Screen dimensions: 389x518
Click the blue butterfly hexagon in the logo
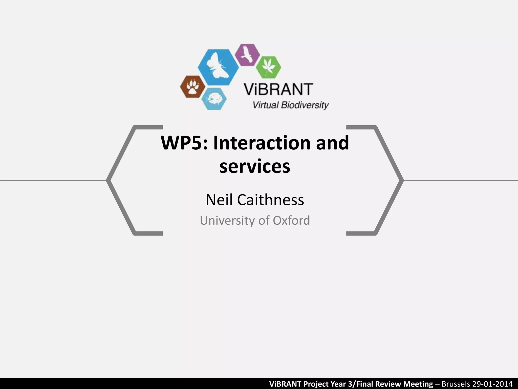click(218, 67)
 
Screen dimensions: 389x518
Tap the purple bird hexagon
click(247, 55)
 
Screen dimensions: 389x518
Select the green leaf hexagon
click(268, 67)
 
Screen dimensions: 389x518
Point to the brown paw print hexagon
click(193, 87)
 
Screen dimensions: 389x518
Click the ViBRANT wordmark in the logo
click(278, 89)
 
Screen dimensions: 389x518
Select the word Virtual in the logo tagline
click(266, 105)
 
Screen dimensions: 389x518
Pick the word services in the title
click(255, 166)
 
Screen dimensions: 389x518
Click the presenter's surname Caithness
click(270, 200)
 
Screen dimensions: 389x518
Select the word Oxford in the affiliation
click(291, 220)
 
